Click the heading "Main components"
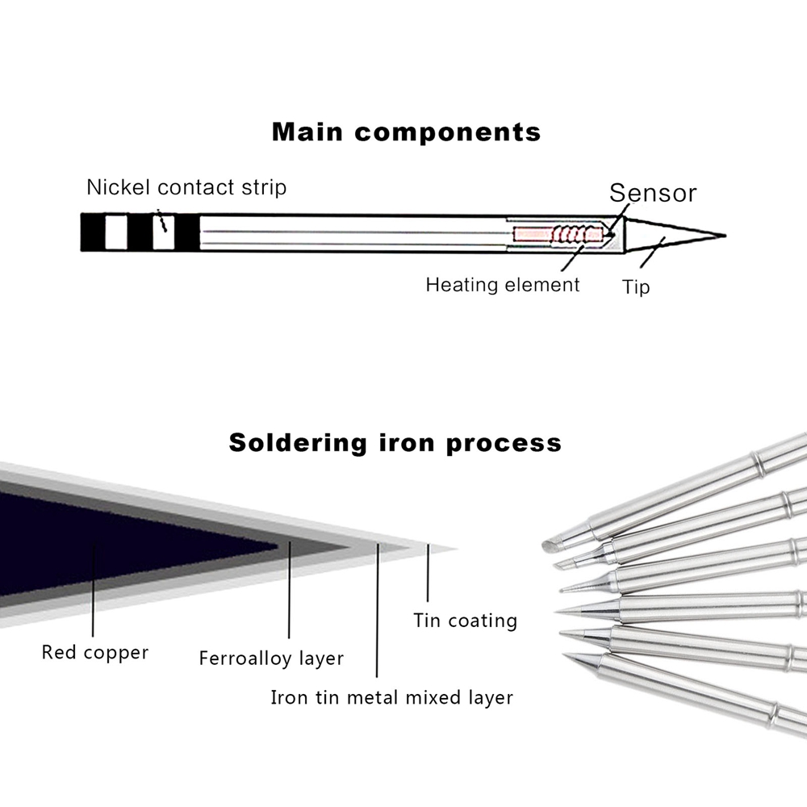[x=406, y=132]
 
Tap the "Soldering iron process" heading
[x=395, y=442]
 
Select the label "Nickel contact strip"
[x=186, y=188]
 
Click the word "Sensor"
[x=652, y=193]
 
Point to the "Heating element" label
[x=502, y=284]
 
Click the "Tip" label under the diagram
[x=636, y=286]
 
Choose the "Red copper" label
[x=95, y=651]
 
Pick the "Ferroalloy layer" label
[x=271, y=659]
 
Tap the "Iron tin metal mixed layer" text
[x=391, y=696]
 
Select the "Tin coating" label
[x=465, y=621]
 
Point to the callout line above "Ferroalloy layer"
[x=290, y=589]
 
